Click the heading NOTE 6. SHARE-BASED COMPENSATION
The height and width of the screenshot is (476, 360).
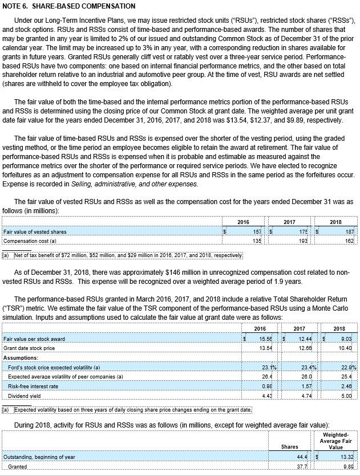[69, 6]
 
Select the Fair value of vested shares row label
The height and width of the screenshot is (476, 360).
[35, 231]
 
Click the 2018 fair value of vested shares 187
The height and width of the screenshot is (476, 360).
[349, 231]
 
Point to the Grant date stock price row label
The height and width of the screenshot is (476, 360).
[29, 348]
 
